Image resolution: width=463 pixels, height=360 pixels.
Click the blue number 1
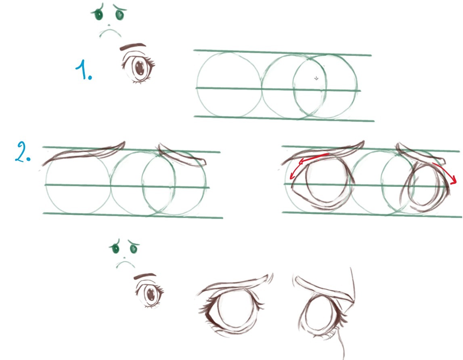tap(84, 69)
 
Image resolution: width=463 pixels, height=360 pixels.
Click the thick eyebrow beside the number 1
tap(132, 46)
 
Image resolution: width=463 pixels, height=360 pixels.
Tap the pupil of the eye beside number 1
tap(139, 68)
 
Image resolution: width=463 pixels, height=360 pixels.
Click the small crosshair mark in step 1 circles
tap(316, 78)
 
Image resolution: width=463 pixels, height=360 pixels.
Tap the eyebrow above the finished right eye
tap(323, 290)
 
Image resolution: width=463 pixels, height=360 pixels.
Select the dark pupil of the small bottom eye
tap(150, 295)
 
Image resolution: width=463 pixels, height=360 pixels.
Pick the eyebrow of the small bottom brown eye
tap(145, 276)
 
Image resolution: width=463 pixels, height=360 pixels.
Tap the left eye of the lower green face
tap(115, 248)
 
